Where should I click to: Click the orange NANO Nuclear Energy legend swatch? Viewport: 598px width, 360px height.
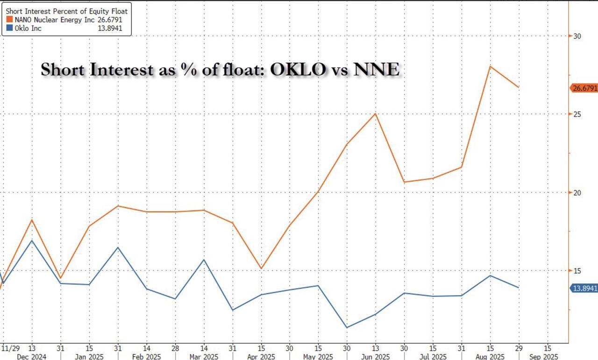click(9, 20)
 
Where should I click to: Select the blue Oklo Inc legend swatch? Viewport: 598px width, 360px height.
click(9, 28)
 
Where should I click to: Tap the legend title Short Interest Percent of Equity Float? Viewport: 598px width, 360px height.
click(66, 10)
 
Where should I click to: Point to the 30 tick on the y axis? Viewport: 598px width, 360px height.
click(577, 36)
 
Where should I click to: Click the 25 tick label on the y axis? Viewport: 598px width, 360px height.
click(577, 114)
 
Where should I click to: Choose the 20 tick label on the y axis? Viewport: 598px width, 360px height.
click(577, 192)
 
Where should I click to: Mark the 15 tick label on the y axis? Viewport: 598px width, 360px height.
click(577, 271)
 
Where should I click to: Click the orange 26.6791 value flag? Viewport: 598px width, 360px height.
click(584, 88)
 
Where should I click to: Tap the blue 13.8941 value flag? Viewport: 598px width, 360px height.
click(584, 288)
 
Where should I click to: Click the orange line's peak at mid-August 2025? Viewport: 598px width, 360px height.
click(490, 66)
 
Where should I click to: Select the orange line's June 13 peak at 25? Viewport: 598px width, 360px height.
click(376, 113)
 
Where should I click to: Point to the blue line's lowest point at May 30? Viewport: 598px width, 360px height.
click(347, 327)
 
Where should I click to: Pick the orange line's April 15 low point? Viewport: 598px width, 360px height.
click(261, 268)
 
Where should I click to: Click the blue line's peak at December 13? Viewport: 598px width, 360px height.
click(32, 240)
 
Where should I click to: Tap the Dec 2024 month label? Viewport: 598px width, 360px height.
click(32, 356)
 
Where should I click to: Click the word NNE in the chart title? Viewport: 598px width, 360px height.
click(377, 70)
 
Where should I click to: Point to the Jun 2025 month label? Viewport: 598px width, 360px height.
click(376, 356)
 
